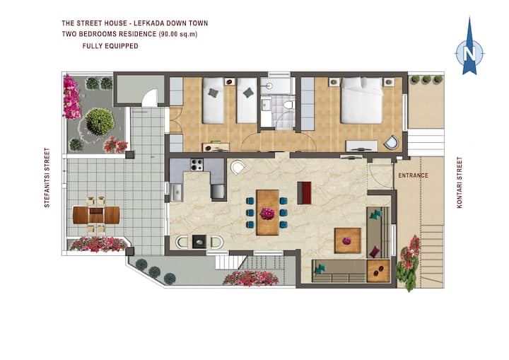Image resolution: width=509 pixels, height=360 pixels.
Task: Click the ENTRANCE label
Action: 414,175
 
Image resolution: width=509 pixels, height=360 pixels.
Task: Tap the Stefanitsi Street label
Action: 47,178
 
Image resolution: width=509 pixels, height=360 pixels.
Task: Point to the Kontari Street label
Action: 460,182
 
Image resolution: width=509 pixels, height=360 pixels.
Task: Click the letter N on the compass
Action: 469,53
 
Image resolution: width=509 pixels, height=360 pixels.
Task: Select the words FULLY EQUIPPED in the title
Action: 110,46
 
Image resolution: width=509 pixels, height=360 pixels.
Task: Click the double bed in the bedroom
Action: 361,100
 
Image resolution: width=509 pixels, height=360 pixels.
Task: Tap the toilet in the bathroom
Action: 288,105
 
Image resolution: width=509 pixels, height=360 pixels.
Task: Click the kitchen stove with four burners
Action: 197,165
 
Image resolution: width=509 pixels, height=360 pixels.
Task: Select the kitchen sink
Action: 176,192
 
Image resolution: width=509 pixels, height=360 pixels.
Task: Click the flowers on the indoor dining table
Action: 267,213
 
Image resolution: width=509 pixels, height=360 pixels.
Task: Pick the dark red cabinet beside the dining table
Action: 304,193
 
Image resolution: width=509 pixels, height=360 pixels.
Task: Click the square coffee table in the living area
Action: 348,240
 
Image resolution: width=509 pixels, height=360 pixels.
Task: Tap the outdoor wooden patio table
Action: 96,215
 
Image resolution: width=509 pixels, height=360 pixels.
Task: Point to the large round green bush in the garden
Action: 100,122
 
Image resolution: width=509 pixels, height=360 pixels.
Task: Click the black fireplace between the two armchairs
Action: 199,242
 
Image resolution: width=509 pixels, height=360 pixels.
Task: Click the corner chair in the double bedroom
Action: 392,142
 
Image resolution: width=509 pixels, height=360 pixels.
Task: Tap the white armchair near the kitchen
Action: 238,168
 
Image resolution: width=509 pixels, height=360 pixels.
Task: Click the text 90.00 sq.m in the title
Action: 178,34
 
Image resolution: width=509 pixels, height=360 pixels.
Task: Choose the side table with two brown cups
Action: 378,271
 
